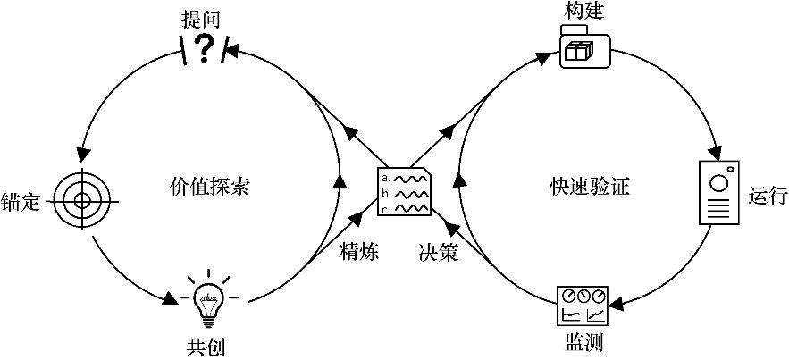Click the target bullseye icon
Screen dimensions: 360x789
pyautogui.click(x=80, y=200)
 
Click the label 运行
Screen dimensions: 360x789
pyautogui.click(x=768, y=196)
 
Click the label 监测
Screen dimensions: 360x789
pyautogui.click(x=583, y=343)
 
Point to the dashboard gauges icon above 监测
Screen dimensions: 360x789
pyautogui.click(x=583, y=306)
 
